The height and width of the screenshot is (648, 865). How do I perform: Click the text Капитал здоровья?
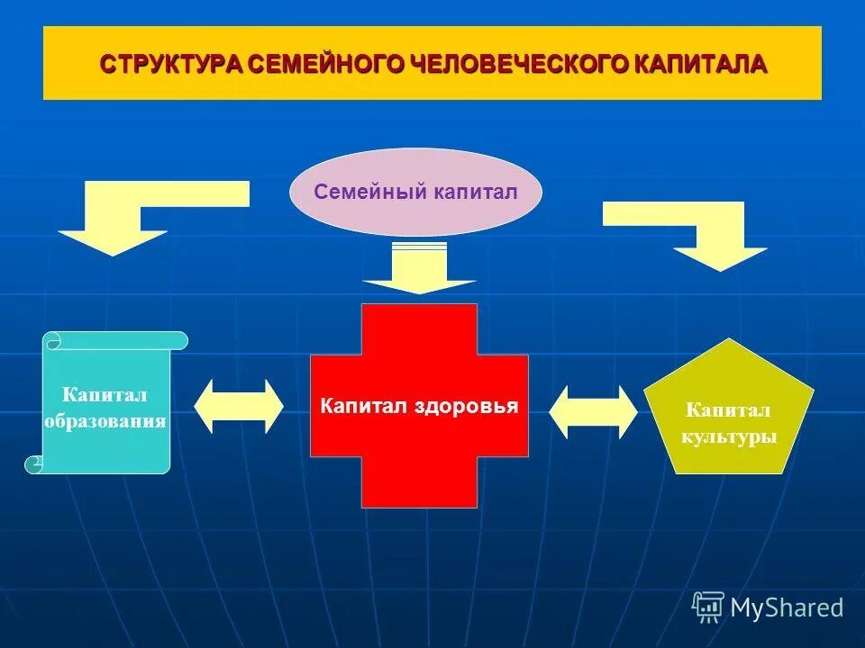419,406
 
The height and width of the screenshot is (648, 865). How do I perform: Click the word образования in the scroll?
106,421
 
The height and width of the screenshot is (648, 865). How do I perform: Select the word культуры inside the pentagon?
728,437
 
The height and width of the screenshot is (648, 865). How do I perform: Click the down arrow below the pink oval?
419,271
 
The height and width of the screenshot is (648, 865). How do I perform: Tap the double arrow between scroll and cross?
239,406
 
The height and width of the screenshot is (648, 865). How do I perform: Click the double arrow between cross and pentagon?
593,412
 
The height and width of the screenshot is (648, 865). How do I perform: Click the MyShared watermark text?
787,607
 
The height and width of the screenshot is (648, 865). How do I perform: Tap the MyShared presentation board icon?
708,607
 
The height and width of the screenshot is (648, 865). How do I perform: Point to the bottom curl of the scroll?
34,464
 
